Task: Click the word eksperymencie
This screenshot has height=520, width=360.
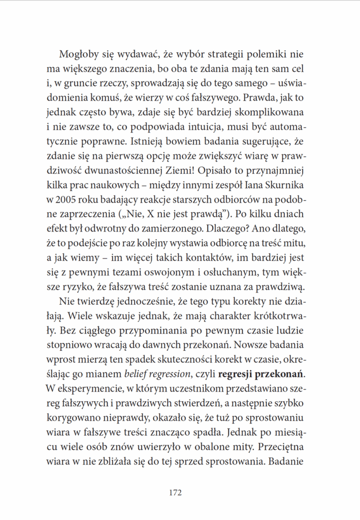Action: click(x=95, y=389)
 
